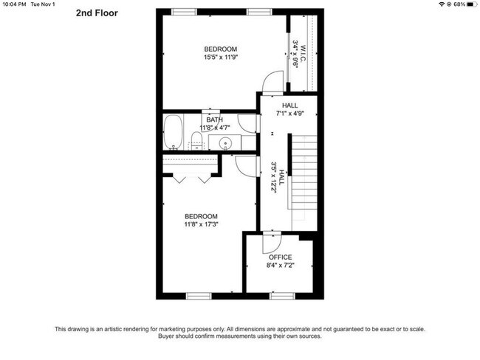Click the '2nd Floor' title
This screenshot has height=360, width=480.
[x=97, y=13]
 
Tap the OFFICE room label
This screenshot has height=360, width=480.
[x=280, y=257]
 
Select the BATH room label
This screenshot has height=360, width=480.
[x=214, y=120]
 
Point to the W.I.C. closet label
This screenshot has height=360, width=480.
[x=303, y=54]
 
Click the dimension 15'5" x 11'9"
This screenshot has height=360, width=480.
[x=221, y=57]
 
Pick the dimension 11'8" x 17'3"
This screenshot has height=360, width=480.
[x=201, y=224]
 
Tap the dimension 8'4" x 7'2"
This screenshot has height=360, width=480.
[x=280, y=265]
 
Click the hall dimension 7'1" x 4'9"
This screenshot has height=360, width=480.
[x=290, y=114]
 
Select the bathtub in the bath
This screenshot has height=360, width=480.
[x=173, y=133]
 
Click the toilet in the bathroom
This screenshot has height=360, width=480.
[x=196, y=141]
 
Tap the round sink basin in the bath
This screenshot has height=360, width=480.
[x=226, y=142]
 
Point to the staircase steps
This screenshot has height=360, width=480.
[x=304, y=172]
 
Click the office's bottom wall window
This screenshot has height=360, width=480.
[x=282, y=296]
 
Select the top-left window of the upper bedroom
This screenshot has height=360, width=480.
[x=184, y=12]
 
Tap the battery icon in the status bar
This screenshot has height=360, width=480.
[x=472, y=4]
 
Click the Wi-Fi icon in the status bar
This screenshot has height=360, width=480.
[x=442, y=4]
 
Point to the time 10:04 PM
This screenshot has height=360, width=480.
[x=14, y=4]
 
